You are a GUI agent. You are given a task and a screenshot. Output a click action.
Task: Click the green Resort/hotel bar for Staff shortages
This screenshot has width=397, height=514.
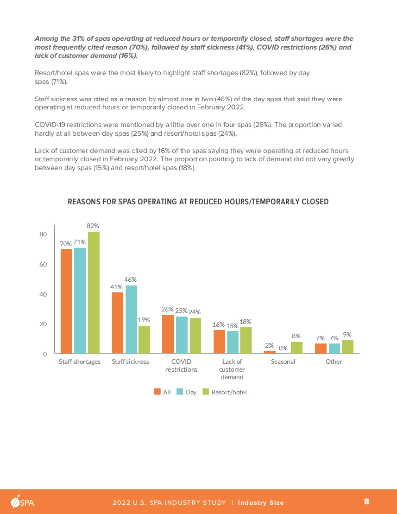pyautogui.click(x=94, y=293)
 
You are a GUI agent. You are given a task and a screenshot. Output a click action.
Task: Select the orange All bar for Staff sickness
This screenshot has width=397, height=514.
pyautogui.click(x=117, y=323)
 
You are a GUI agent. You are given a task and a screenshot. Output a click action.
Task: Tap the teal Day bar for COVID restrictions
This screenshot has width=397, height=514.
pyautogui.click(x=182, y=335)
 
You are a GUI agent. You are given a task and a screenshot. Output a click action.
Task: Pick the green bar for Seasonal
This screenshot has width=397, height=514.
pyautogui.click(x=297, y=347)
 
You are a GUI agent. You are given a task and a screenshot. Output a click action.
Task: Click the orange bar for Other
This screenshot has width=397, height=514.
pyautogui.click(x=321, y=348)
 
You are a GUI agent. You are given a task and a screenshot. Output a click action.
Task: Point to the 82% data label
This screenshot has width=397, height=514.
pyautogui.click(x=93, y=226)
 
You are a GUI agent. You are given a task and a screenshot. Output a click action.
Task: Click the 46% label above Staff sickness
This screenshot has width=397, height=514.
pyautogui.click(x=130, y=280)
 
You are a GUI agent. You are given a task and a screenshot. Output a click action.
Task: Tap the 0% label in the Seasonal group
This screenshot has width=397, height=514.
pyautogui.click(x=283, y=348)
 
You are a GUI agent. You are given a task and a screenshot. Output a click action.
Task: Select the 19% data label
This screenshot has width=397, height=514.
pyautogui.click(x=144, y=320)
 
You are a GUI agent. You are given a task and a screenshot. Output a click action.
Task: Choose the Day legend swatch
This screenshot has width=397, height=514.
pyautogui.click(x=180, y=392)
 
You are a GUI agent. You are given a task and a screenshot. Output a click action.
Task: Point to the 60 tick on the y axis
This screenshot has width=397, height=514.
pyautogui.click(x=43, y=264)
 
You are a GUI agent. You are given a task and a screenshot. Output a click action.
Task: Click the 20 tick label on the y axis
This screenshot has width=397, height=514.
pyautogui.click(x=43, y=324)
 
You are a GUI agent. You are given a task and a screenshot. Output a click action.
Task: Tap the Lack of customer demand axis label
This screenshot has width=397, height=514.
pyautogui.click(x=232, y=369)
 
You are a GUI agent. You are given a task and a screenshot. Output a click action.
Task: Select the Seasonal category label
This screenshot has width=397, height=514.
pyautogui.click(x=283, y=362)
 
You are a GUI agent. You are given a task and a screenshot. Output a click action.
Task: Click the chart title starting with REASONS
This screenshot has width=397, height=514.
pyautogui.click(x=198, y=202)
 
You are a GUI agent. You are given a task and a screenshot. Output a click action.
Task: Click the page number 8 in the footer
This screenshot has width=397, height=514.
pyautogui.click(x=366, y=502)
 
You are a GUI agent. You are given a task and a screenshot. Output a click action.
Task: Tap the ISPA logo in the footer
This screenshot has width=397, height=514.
pyautogui.click(x=22, y=502)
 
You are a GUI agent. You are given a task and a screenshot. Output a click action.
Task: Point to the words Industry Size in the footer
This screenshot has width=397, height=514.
pyautogui.click(x=261, y=503)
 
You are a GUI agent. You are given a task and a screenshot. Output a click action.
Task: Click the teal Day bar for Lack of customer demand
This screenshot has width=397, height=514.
pyautogui.click(x=233, y=342)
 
